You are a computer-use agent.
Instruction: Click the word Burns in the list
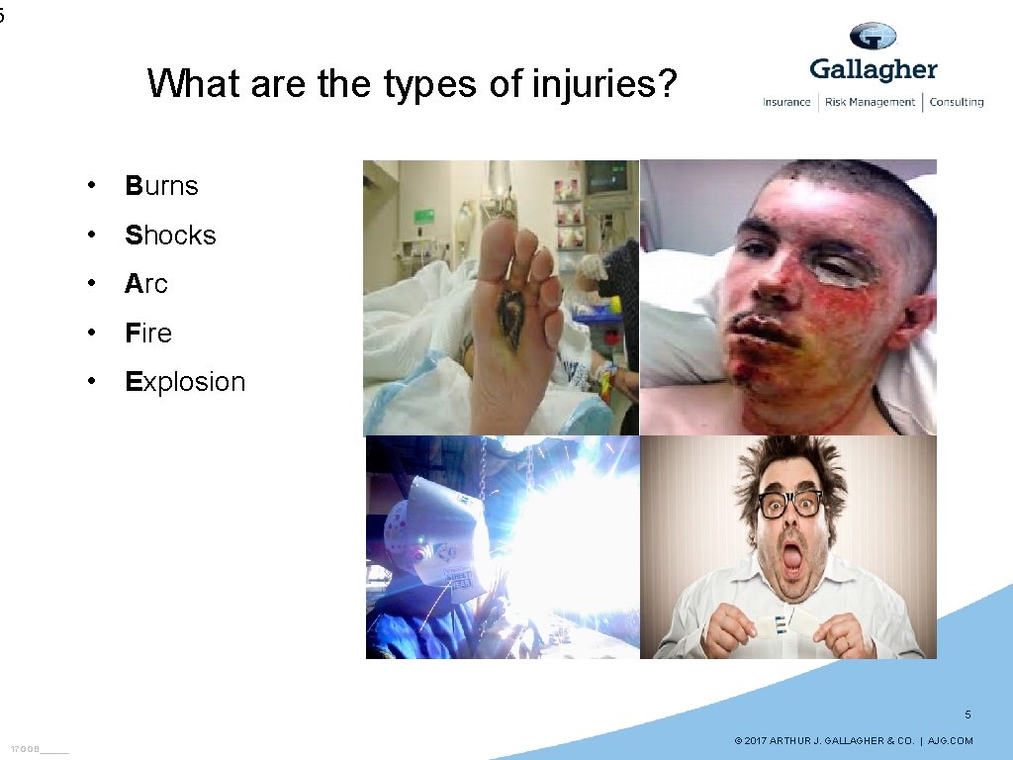[161, 186]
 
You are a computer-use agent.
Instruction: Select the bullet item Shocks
[170, 236]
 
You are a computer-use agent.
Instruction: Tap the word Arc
[146, 284]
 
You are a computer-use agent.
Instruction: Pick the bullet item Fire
[148, 333]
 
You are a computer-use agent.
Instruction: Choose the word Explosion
[185, 382]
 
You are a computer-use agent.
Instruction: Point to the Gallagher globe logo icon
[873, 37]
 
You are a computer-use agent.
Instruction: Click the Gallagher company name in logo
[873, 69]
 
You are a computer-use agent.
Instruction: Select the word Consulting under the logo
[956, 102]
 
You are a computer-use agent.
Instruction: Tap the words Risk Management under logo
[870, 102]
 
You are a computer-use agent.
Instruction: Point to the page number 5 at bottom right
[967, 714]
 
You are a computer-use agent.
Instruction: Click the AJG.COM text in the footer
[952, 741]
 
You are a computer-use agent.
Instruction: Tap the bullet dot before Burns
[90, 186]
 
